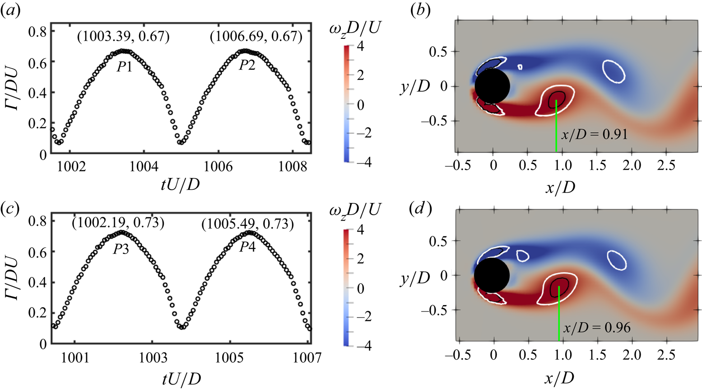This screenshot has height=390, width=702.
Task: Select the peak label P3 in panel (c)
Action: point(121,249)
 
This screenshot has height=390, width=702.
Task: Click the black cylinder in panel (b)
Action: point(493,86)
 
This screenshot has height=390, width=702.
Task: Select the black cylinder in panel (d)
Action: point(492,275)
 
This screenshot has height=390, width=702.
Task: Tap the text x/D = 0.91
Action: point(594,134)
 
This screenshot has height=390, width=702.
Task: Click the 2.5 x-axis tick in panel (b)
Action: point(666,165)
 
